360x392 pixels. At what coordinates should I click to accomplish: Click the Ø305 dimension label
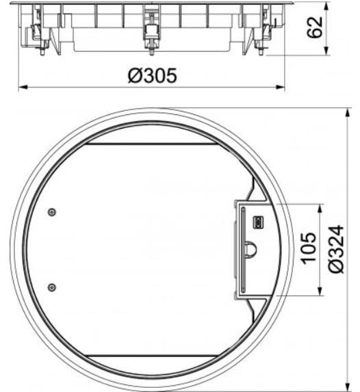click(151, 75)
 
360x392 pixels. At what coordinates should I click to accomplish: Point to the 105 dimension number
click(309, 249)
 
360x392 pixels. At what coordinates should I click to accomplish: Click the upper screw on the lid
click(53, 213)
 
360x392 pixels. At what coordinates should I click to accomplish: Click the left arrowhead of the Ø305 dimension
click(21, 87)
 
